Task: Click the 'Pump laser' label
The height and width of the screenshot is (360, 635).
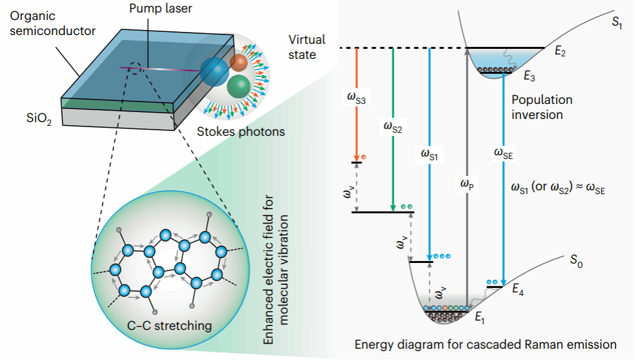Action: [160, 9]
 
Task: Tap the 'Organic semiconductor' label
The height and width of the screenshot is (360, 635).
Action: [53, 23]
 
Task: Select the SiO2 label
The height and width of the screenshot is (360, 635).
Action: [39, 118]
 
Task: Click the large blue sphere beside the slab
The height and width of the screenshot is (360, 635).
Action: [214, 71]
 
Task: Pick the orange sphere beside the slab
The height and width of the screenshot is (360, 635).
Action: [239, 63]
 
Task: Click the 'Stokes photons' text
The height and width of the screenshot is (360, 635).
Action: [241, 131]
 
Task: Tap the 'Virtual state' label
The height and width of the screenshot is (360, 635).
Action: [307, 47]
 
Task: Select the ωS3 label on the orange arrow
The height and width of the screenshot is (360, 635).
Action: [356, 98]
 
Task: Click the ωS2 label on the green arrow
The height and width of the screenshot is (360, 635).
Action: [393, 126]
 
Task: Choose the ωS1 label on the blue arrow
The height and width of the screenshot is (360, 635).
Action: [429, 154]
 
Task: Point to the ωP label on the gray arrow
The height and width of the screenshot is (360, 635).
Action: [467, 184]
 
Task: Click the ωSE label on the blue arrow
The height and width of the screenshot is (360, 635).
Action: [503, 153]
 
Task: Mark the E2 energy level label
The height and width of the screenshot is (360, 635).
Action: [560, 51]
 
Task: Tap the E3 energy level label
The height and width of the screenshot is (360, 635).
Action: [529, 76]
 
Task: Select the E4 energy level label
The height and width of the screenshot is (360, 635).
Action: [518, 289]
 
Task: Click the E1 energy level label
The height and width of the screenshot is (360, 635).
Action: [480, 317]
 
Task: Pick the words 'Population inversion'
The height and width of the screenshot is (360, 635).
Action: [542, 107]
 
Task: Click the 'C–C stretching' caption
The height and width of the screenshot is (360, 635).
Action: [169, 326]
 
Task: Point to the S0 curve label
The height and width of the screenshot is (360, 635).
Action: [576, 261]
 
